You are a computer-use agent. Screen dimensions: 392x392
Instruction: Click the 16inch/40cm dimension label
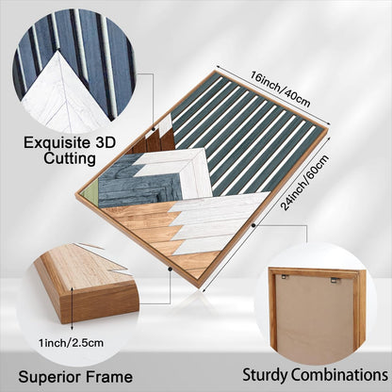pos(281,90)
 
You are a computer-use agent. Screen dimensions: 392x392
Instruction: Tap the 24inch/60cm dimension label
pos(305,182)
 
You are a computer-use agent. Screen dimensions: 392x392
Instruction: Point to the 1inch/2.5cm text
pos(71,342)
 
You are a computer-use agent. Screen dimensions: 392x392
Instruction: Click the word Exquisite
pos(57,143)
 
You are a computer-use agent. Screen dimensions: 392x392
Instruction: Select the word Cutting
pos(70,158)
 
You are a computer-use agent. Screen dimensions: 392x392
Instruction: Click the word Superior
pos(49,377)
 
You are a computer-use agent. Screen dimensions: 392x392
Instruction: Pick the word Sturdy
pos(265,375)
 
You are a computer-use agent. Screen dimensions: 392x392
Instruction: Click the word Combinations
pos(338,374)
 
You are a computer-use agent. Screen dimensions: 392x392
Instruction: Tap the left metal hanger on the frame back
pos(286,276)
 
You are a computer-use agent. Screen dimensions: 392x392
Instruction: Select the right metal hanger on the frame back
pos(335,280)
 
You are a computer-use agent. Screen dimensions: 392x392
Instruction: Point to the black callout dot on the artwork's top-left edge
pos(154,128)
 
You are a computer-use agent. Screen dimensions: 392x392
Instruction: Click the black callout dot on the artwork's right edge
pos(253,225)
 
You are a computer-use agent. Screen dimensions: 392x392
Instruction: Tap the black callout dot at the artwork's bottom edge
pos(170,269)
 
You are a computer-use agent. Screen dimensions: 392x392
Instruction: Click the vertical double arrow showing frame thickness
pos(73,308)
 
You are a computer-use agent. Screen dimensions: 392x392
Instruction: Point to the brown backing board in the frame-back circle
pos(314,318)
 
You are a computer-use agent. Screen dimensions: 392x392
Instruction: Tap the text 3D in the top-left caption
pos(105,142)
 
